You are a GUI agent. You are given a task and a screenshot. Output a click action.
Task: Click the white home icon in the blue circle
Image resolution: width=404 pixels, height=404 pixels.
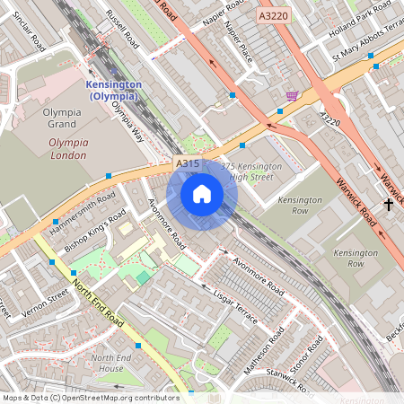tap(202, 194)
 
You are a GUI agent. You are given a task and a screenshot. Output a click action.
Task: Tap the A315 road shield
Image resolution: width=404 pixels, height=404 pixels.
tap(187, 163)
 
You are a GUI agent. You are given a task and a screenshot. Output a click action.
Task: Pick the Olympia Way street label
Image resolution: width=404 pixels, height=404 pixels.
tap(127, 121)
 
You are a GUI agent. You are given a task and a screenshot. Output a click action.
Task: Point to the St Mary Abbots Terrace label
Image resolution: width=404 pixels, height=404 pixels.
tap(365, 57)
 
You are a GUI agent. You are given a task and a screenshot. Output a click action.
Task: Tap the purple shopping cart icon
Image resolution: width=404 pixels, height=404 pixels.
tap(292, 95)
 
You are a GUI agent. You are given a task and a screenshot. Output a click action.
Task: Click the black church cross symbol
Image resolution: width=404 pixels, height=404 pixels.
tap(389, 205)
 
